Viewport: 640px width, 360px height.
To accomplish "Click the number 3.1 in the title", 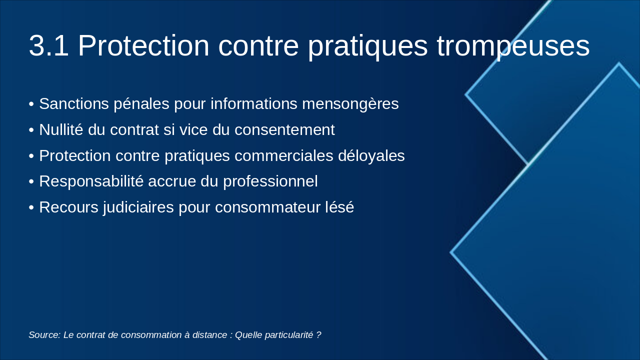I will point(48,46).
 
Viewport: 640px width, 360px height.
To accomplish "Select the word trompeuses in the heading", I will point(513,46).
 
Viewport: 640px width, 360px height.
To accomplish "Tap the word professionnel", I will point(270,181).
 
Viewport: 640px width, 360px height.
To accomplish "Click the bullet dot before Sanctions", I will point(31,104).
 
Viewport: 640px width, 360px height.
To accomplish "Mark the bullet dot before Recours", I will point(31,208).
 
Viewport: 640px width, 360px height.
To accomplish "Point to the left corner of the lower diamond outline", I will point(451,252).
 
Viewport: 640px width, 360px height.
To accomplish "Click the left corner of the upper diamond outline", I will point(466,94).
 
